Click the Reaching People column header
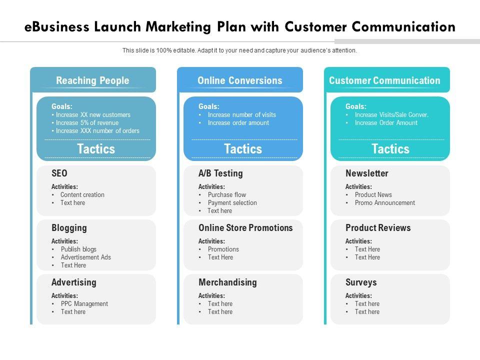coord(92,80)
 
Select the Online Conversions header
coord(239,80)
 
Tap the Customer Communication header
coord(384,80)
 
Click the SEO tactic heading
coord(59,173)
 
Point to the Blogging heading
coord(69,228)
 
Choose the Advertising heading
coord(74,282)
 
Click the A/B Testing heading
coord(220,173)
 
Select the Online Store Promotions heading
coord(245,228)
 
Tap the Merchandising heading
coord(227,282)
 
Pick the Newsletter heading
coord(366,173)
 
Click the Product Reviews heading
coord(378,228)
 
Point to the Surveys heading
coord(361,282)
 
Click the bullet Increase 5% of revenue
coord(87,123)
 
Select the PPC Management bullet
coord(84,304)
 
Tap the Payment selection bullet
coord(232,203)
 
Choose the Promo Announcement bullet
coord(384,203)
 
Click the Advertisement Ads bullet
coord(85,257)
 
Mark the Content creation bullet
coord(82,195)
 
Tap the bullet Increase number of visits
coord(241,115)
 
